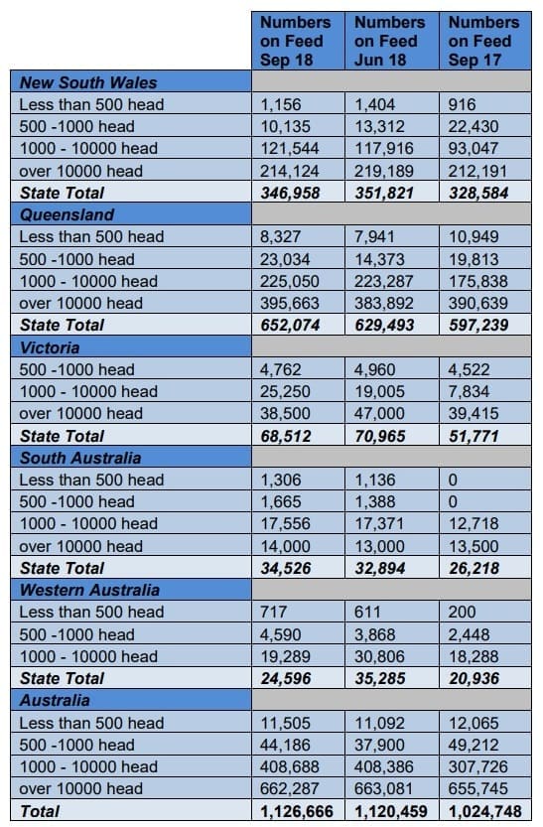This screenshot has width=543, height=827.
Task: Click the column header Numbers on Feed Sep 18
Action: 295,41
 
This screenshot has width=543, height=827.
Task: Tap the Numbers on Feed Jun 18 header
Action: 389,41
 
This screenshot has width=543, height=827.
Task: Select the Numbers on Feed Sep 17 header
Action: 483,41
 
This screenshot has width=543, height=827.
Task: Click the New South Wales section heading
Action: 88,82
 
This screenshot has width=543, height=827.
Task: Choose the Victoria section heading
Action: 50,347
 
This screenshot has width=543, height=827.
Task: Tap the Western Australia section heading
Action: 89,590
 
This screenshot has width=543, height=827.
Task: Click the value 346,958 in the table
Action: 290,193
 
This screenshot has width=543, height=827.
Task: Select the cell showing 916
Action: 462,104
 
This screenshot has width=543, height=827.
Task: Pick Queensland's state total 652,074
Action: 290,325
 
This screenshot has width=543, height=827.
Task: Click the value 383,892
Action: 384,303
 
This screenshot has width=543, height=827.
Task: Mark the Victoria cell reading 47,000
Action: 379,413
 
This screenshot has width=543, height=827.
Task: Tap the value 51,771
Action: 474,436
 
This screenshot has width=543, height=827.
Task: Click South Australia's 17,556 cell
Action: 285,524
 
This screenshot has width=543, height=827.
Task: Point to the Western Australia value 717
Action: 274,612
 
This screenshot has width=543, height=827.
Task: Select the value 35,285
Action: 379,678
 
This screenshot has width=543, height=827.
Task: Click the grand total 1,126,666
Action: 297,811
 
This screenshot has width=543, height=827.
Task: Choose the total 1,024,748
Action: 485,811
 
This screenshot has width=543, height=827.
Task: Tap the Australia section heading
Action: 55,701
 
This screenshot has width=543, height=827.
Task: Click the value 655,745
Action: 478,788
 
